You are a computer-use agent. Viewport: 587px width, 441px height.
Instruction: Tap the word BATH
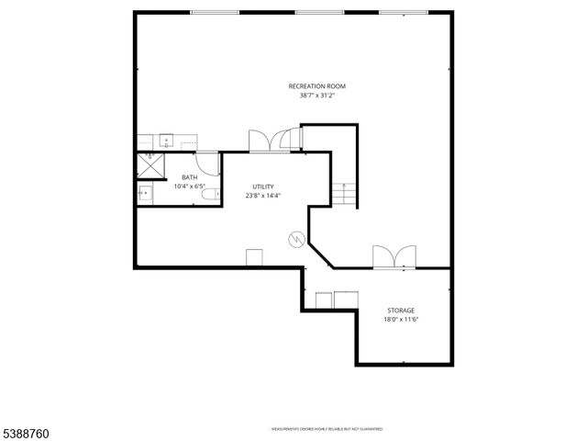pyautogui.click(x=189, y=177)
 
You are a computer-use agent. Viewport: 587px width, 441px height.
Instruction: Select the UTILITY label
pyautogui.click(x=263, y=187)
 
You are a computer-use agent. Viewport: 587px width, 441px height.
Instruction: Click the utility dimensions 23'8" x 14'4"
pyautogui.click(x=263, y=196)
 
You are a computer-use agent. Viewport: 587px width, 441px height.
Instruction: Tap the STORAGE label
pyautogui.click(x=401, y=311)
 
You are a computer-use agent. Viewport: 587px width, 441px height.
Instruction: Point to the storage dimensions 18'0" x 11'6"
pyautogui.click(x=401, y=320)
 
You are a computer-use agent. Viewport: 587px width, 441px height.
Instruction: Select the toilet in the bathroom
pyautogui.click(x=210, y=192)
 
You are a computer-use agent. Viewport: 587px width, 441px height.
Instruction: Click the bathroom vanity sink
pyautogui.click(x=145, y=193)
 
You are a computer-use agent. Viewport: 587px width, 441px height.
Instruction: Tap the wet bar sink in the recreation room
pyautogui.click(x=168, y=141)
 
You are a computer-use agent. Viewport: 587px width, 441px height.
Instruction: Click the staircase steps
pyautogui.click(x=344, y=193)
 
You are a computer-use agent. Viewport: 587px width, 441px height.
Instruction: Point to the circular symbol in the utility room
pyautogui.click(x=296, y=240)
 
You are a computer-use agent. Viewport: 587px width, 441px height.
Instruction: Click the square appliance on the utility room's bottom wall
pyautogui.click(x=254, y=256)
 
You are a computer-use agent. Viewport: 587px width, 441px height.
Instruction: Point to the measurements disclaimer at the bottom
pyautogui.click(x=327, y=428)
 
